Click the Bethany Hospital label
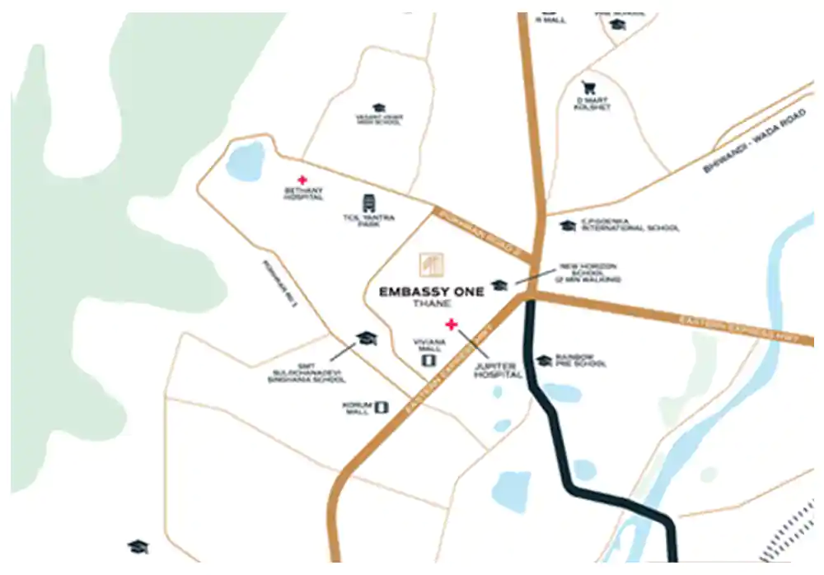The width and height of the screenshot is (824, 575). point(302,194)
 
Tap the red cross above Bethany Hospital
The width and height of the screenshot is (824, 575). point(302,180)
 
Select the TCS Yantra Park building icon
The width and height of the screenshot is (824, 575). point(368,203)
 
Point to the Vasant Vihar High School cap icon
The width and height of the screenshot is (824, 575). point(379,108)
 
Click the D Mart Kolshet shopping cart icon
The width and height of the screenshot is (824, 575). point(588,87)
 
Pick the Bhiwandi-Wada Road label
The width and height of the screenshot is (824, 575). point(753,140)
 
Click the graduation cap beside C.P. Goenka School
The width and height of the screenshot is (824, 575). point(567,225)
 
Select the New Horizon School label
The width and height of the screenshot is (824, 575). point(588,273)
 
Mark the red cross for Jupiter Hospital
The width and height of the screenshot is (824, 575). point(451,324)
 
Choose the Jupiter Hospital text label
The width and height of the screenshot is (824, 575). point(499,370)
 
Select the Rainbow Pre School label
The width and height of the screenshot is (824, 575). point(582,361)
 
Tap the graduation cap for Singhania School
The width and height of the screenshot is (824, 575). point(366,339)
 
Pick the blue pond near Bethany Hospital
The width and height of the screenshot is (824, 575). point(245,161)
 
